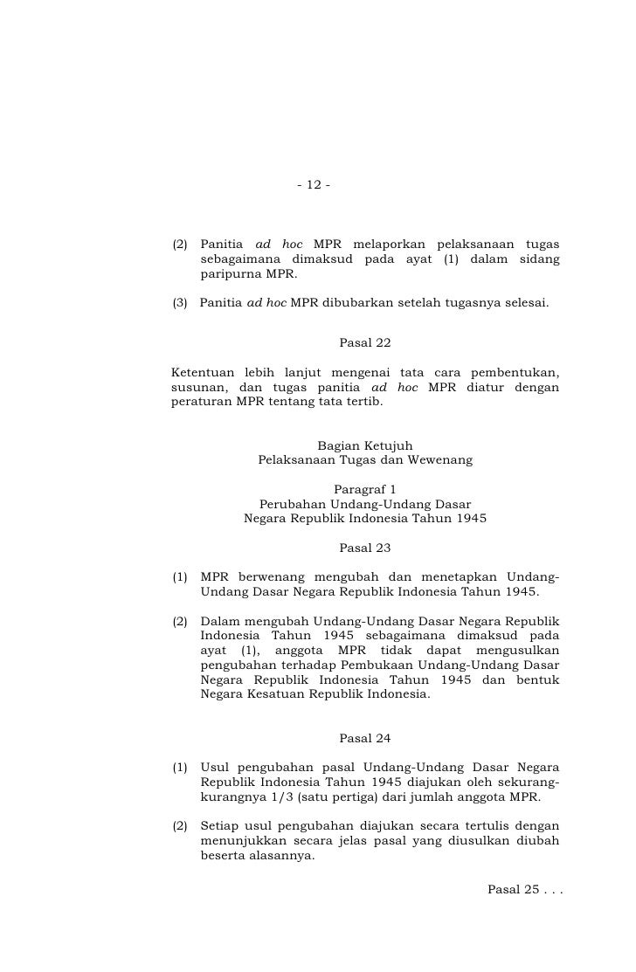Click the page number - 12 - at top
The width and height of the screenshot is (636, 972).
click(314, 185)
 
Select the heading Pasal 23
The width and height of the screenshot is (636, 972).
click(364, 548)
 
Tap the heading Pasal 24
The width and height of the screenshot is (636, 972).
click(364, 738)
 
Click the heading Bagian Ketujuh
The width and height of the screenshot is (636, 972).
click(364, 445)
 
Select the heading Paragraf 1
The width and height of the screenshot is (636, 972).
click(364, 489)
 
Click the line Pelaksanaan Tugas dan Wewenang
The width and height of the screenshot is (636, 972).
click(365, 459)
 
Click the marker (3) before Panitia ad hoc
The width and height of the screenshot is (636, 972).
click(180, 304)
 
